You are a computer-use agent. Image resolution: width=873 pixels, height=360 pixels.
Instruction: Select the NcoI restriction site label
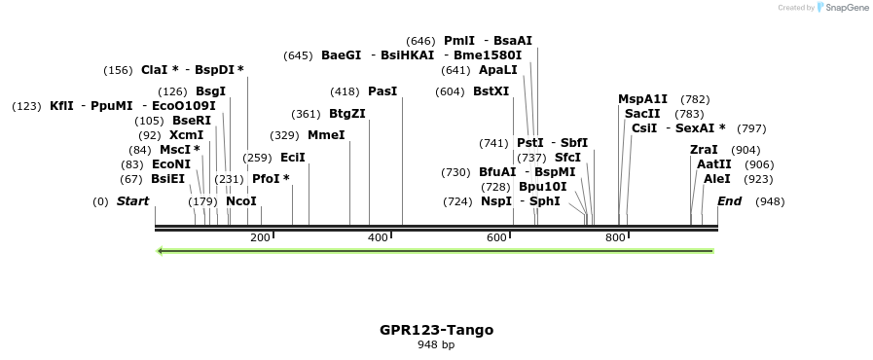240,201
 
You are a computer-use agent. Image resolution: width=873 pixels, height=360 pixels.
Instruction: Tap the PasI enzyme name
382,91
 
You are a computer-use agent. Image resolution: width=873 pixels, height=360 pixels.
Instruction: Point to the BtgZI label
347,114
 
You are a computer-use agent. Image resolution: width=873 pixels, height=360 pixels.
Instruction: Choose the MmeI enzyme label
326,135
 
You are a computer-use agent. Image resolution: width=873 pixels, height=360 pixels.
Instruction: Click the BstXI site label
491,91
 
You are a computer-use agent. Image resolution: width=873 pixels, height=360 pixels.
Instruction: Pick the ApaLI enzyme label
498,70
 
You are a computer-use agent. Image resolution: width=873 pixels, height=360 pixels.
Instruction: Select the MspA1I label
643,99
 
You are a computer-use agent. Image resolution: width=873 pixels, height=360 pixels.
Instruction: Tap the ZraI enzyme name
704,150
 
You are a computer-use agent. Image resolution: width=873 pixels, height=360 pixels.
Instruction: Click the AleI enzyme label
716,179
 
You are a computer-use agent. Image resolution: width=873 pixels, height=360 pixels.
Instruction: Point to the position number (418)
345,91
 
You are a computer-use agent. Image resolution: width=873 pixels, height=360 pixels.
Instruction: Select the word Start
132,201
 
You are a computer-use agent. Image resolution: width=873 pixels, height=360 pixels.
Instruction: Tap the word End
729,201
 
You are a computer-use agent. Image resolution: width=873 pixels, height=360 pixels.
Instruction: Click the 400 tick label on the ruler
378,238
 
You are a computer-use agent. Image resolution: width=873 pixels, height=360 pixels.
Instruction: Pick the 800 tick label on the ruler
615,238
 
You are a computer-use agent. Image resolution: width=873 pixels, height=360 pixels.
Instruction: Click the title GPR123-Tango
436,330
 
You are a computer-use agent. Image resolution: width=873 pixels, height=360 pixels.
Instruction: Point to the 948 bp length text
436,345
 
